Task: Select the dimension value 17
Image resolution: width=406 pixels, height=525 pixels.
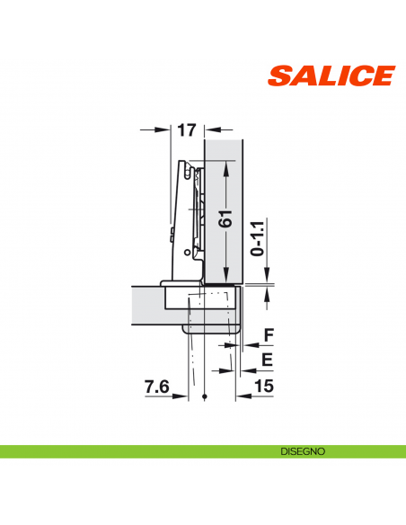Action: point(186,131)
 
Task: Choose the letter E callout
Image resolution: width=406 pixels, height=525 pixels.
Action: point(267,360)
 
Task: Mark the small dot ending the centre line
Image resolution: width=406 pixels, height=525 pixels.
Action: point(206,397)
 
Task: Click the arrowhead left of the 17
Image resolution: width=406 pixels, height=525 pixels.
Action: point(165,130)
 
